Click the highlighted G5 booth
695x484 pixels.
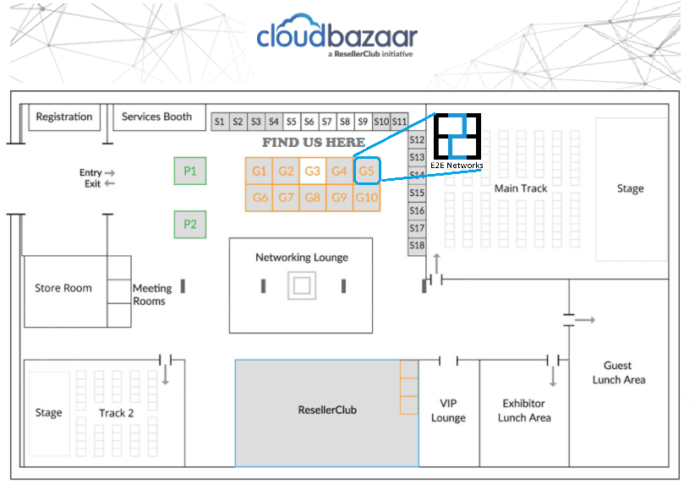[367, 171]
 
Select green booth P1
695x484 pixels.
[190, 171]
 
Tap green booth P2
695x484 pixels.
[190, 225]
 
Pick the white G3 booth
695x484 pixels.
[313, 171]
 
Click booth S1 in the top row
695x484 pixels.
[220, 122]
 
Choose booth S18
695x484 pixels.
[417, 245]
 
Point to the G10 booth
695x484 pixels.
[367, 198]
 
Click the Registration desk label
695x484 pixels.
[64, 117]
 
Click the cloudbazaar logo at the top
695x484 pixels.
[337, 35]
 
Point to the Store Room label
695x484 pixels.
[63, 288]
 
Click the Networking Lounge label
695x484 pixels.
[302, 258]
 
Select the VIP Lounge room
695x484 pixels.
[449, 413]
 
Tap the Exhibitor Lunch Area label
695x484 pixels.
[524, 411]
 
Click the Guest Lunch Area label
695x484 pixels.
[619, 373]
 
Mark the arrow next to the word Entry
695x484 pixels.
[110, 172]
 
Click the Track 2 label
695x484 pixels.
[116, 413]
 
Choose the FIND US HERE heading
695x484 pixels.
[314, 142]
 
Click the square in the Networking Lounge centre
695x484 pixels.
[302, 286]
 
